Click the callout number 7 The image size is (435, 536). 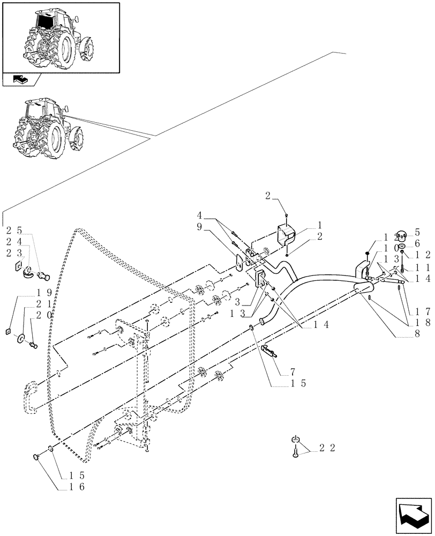292,371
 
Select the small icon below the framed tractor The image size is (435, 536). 19,80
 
